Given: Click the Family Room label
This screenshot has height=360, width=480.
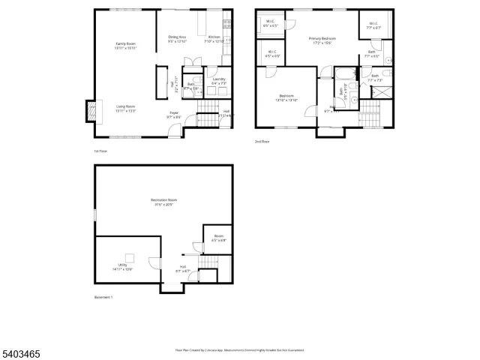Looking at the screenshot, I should [x=125, y=46].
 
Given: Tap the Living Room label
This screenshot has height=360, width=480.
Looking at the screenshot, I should [x=125, y=109].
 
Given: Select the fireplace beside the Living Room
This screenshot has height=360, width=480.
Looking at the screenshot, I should [x=91, y=111].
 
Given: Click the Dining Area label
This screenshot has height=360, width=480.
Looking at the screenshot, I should [x=178, y=39].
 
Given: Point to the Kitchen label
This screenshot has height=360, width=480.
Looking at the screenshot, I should [x=214, y=39].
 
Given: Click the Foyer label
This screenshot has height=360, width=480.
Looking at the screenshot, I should [x=173, y=115].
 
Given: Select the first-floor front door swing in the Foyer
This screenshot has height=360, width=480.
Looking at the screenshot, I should [x=174, y=132].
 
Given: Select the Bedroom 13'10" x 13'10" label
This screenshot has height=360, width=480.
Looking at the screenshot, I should [x=286, y=97].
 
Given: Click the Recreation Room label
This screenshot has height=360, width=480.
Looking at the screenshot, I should [x=163, y=202].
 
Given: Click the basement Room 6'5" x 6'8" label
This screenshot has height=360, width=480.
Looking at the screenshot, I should [x=218, y=238].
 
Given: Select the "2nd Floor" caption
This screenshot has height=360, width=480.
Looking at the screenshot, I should [x=262, y=141].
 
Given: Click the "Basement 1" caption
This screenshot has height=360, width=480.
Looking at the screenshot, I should [x=103, y=298].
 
